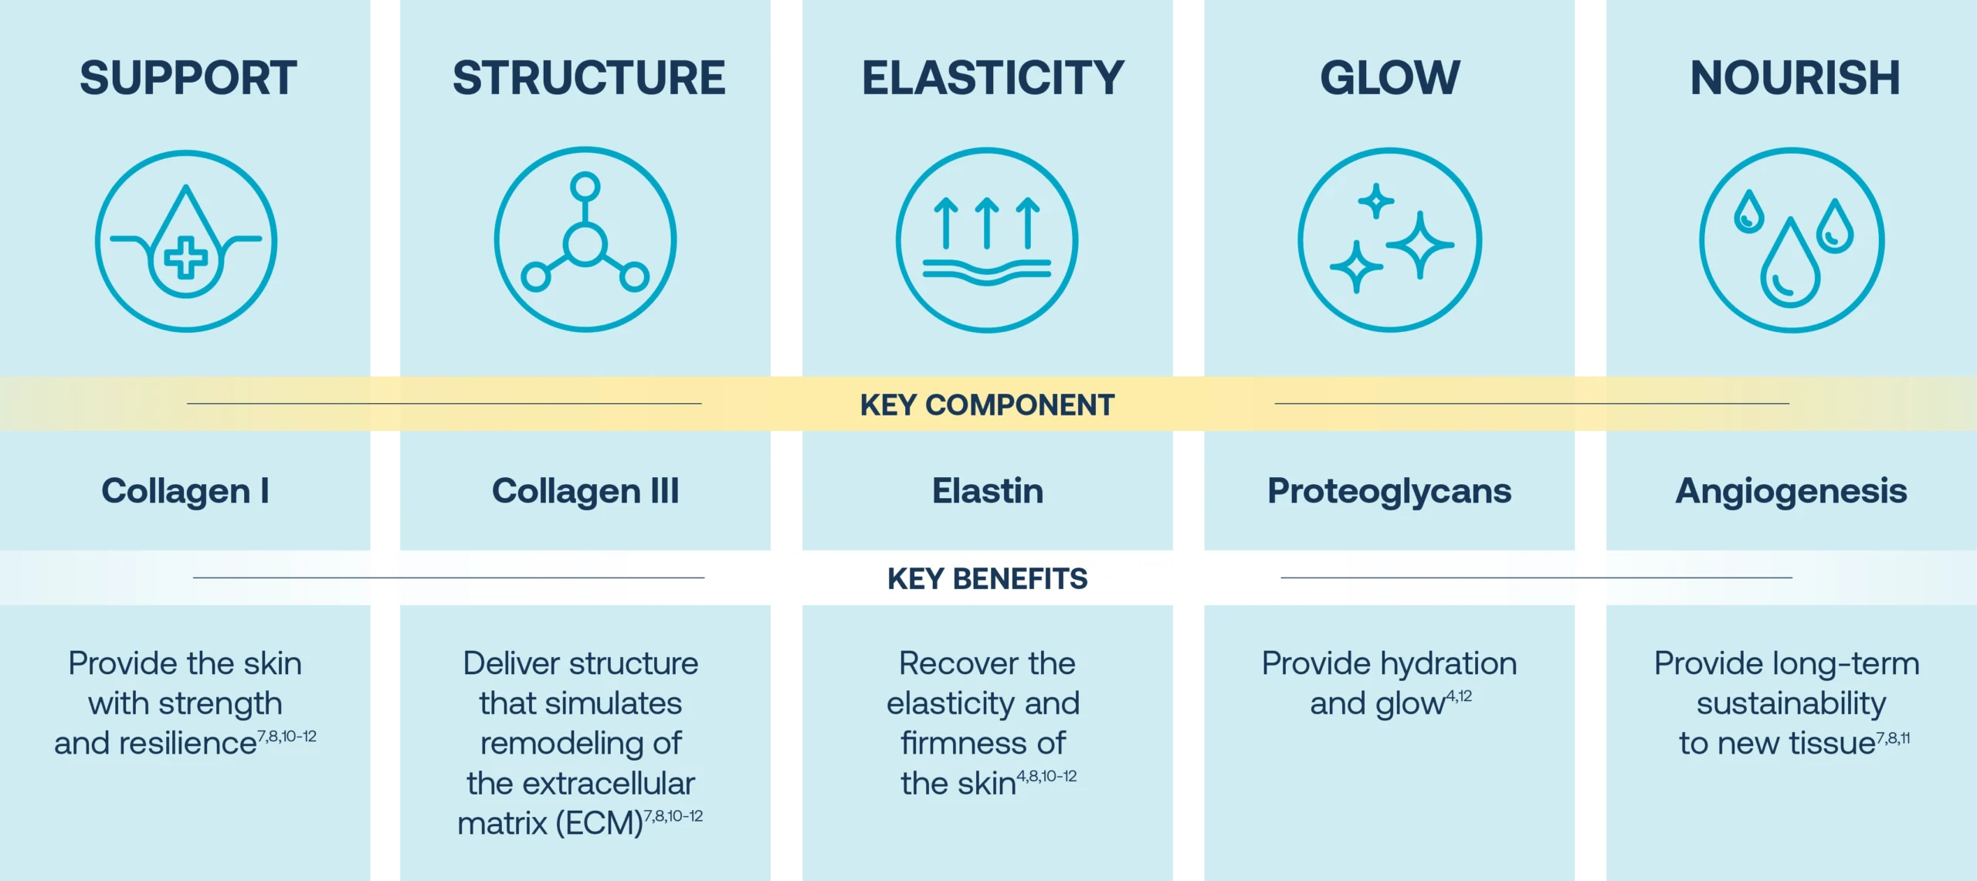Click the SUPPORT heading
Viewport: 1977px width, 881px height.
188,78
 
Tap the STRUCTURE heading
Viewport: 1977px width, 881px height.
588,78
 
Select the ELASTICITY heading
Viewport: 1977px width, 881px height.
992,78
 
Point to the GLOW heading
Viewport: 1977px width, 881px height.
1390,78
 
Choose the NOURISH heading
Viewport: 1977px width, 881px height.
1795,78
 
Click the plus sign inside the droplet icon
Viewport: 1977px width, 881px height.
186,259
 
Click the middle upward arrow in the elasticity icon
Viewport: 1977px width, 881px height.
987,222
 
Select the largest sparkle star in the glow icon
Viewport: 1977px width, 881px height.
1420,245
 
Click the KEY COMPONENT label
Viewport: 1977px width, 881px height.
987,405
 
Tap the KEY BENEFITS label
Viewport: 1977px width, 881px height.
987,578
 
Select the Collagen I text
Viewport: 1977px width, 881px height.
185,491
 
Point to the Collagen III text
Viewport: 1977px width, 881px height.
585,491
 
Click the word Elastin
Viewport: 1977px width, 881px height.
988,491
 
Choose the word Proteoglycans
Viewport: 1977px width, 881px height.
1389,491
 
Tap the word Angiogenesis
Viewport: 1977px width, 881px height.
1791,491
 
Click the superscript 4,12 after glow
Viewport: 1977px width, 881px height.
1459,696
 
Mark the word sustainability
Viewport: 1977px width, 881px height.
1791,703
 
